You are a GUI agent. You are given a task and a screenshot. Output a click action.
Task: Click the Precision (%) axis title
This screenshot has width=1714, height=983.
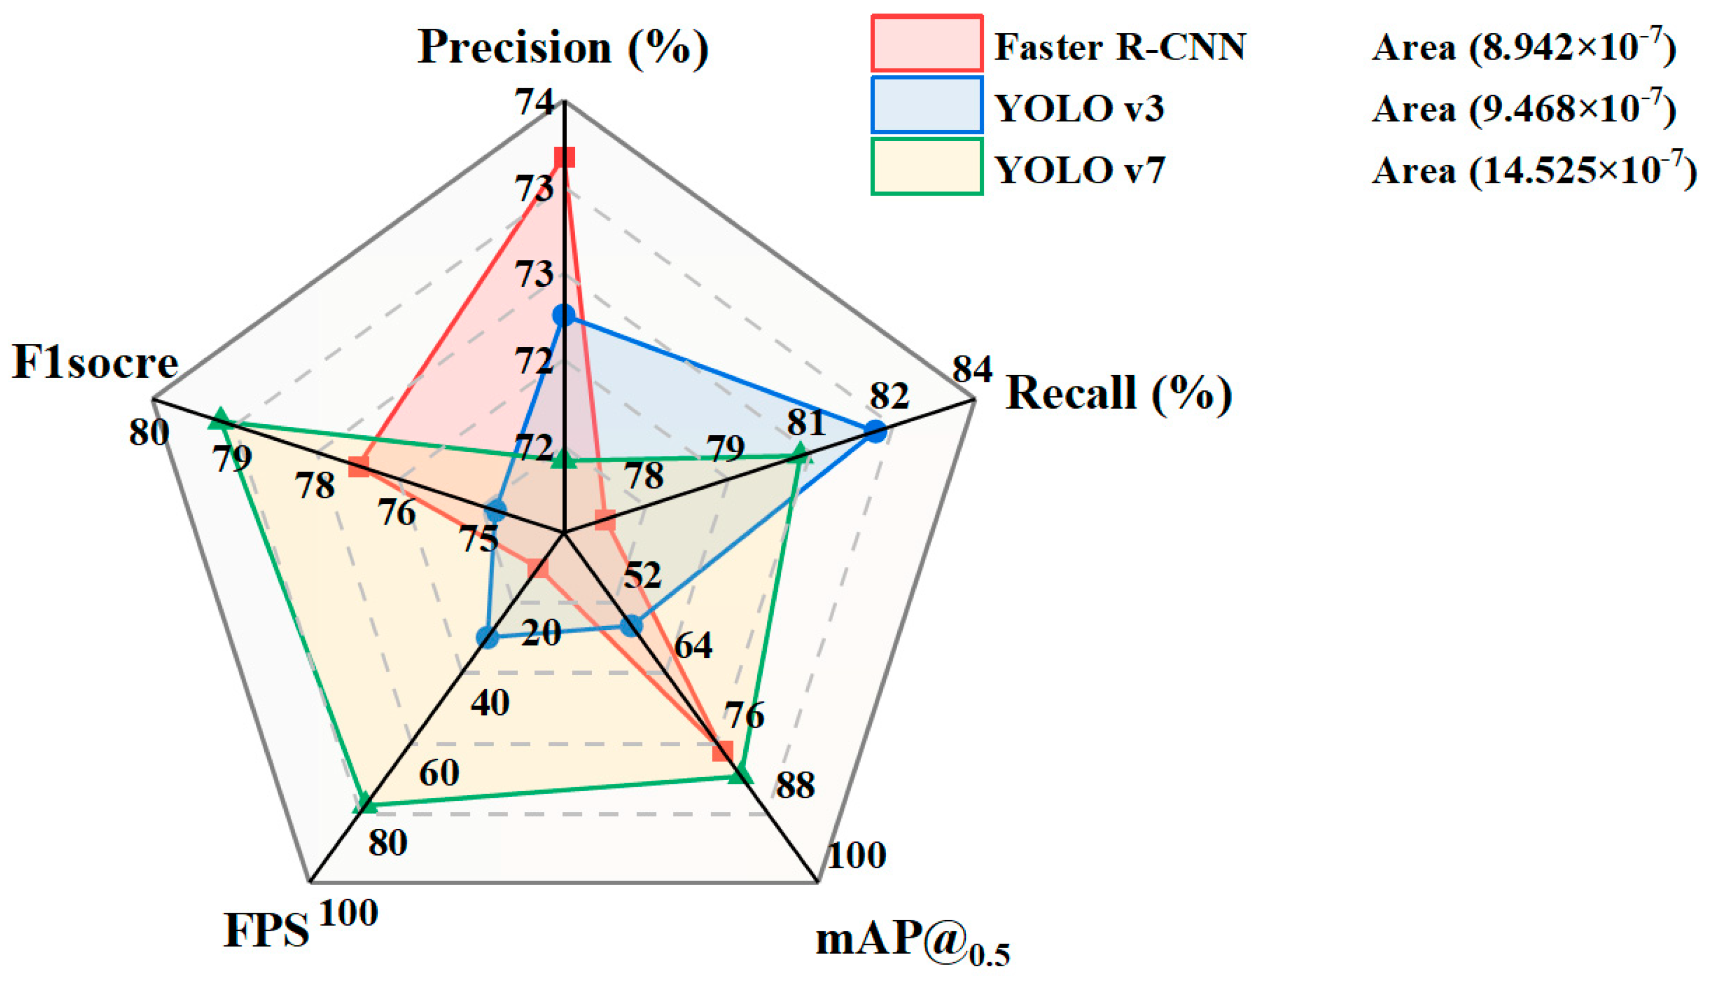click(563, 47)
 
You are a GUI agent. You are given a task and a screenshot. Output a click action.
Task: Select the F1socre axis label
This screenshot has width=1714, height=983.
click(95, 363)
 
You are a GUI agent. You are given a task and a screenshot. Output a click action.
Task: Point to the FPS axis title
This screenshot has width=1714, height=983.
click(266, 930)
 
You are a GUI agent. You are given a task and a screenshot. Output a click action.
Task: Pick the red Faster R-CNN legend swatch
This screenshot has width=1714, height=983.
click(926, 43)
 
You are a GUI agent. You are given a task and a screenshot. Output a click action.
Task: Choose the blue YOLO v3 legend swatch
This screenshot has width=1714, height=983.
click(926, 105)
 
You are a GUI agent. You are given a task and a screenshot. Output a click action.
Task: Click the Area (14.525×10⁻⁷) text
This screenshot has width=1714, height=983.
click(1534, 169)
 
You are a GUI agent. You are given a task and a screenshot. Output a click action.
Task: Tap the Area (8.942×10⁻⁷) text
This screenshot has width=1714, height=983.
click(1523, 47)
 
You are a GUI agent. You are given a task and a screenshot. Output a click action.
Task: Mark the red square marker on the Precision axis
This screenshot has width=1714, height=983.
click(564, 157)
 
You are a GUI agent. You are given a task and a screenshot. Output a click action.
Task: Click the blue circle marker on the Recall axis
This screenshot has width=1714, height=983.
click(875, 431)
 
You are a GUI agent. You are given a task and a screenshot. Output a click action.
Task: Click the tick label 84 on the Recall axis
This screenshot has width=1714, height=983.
click(973, 369)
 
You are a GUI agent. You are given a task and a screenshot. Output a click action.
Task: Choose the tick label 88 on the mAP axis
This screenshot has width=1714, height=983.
click(795, 785)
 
